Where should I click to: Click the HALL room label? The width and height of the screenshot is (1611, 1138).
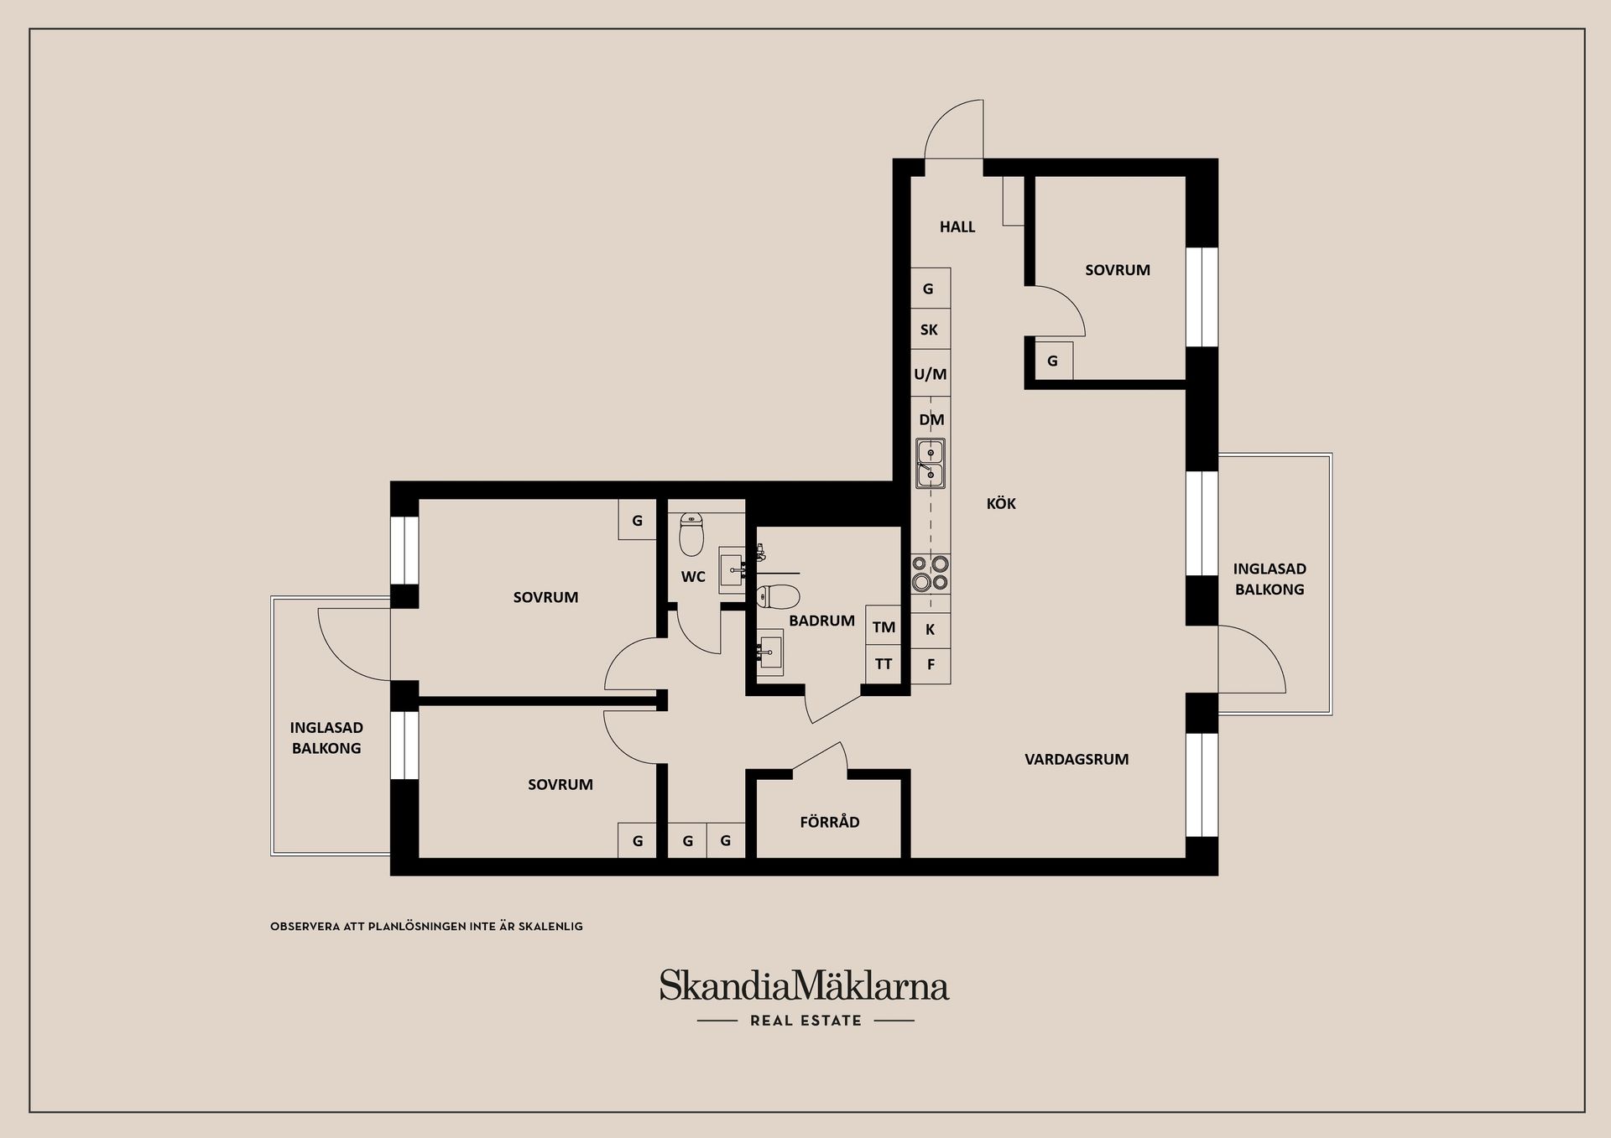click(957, 226)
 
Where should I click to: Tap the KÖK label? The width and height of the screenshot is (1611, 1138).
click(1001, 503)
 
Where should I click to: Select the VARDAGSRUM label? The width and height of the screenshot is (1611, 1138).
click(1077, 759)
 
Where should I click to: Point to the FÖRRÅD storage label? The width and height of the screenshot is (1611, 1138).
click(830, 822)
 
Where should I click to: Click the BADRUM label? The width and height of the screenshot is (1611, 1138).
click(821, 621)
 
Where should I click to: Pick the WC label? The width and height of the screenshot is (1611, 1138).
click(693, 577)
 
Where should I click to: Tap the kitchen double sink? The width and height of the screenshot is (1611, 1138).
click(931, 463)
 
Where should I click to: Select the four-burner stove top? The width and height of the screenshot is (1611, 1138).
click(931, 573)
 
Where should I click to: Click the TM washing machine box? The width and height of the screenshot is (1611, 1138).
click(884, 626)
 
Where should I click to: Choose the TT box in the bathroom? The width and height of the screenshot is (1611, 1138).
click(884, 664)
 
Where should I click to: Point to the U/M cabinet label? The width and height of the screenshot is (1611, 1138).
click(931, 374)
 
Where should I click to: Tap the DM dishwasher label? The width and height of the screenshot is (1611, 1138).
click(931, 419)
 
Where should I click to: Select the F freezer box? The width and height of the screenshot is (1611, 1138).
click(931, 665)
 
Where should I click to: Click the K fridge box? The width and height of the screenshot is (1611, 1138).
click(931, 630)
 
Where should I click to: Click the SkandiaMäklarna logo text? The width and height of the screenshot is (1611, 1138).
click(804, 985)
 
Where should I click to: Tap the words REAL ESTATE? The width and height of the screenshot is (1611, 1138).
click(805, 1021)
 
